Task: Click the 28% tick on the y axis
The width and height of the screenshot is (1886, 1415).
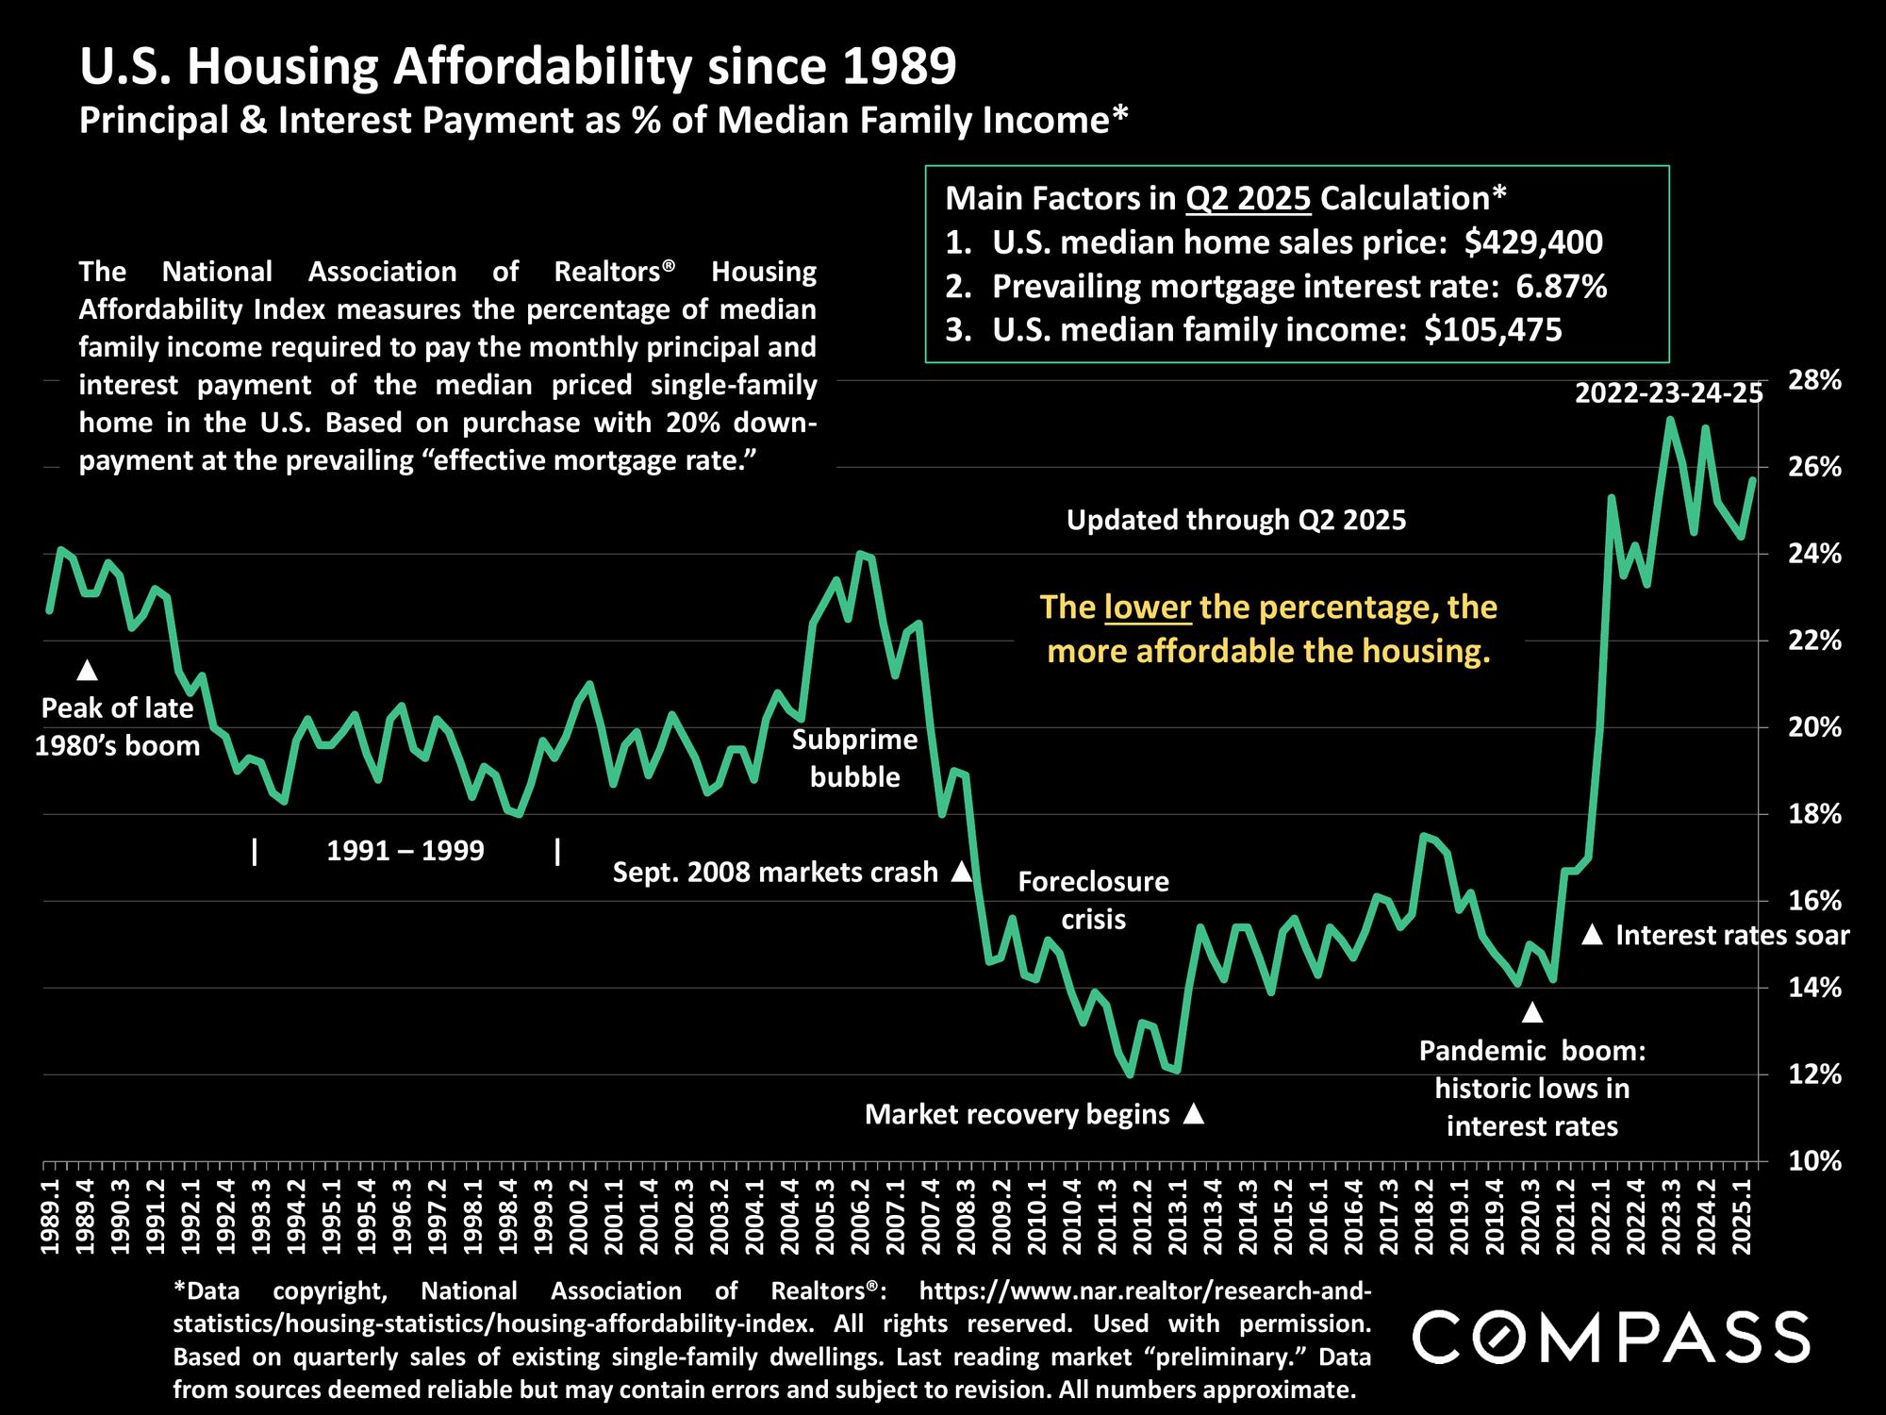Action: coord(1814,380)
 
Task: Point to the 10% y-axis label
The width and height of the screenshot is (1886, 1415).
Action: coord(1814,1161)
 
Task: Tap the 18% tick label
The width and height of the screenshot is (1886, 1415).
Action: coord(1814,814)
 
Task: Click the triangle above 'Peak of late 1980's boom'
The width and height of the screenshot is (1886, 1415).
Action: coord(88,670)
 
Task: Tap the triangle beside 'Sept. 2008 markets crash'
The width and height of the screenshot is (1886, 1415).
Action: coord(961,872)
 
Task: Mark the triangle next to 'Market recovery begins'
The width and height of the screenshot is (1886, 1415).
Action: coord(1194,1114)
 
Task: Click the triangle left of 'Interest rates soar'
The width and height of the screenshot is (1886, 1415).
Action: coord(1592,935)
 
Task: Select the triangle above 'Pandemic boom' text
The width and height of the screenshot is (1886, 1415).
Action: coord(1532,1013)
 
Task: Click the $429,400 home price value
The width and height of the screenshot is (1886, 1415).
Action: coord(1533,242)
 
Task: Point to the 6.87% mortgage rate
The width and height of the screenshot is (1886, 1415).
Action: coord(1561,286)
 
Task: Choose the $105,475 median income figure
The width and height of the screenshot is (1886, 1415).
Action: coord(1493,329)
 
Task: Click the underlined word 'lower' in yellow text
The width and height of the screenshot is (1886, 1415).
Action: coord(1148,607)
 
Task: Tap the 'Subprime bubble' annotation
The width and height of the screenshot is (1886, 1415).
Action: coord(854,758)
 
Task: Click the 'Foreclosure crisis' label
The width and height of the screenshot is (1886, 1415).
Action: coord(1093,900)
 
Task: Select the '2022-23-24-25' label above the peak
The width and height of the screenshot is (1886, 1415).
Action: coord(1668,393)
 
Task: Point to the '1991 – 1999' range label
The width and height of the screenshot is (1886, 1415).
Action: coord(405,851)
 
